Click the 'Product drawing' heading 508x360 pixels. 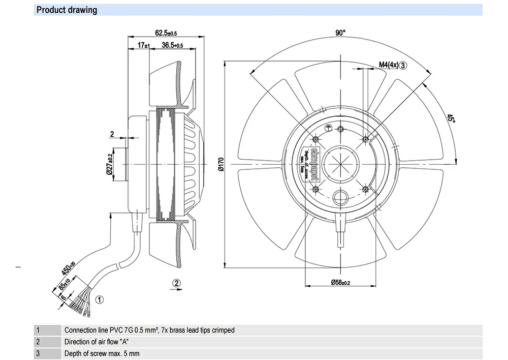[x=67, y=10]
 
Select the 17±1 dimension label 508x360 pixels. [x=144, y=45]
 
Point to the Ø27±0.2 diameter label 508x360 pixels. [x=109, y=165]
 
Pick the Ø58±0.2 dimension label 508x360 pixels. [x=340, y=282]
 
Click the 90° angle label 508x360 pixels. [x=340, y=33]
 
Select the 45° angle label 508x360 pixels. [x=451, y=118]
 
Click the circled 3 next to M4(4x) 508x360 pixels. [x=403, y=65]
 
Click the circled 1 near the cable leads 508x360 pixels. [x=100, y=299]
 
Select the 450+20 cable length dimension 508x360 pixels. [x=68, y=267]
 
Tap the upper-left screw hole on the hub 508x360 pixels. [x=316, y=139]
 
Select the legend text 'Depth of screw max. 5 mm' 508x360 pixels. [x=102, y=353]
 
